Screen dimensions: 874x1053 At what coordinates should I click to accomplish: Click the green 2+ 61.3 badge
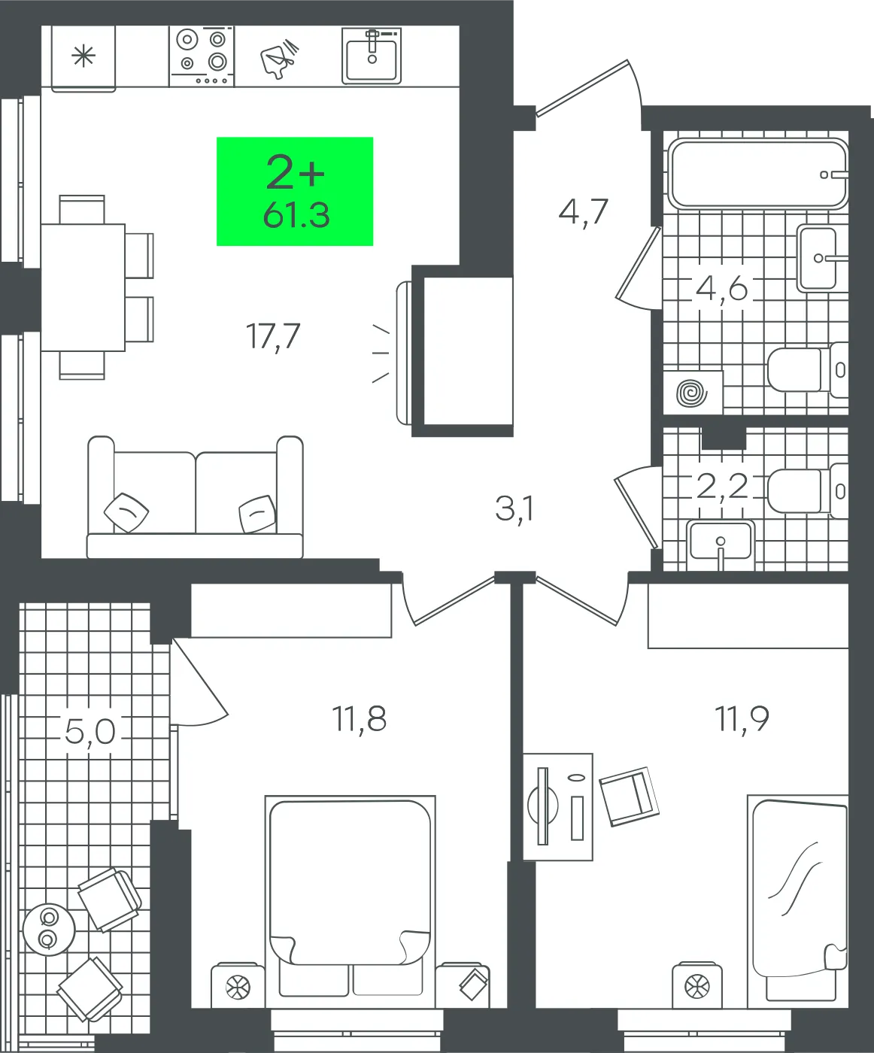295,191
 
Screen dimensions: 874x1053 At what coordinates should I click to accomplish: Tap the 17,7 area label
273,337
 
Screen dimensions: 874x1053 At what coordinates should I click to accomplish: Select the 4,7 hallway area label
583,212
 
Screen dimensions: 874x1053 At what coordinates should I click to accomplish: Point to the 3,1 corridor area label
514,509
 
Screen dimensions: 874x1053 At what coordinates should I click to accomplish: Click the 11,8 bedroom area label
359,719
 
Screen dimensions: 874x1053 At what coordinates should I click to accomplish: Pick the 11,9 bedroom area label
742,719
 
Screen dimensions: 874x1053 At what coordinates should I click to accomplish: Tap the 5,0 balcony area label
90,732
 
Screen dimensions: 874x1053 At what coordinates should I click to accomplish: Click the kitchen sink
372,56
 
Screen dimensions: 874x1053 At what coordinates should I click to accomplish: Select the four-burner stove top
202,56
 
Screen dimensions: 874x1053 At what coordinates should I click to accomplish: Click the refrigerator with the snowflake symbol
83,59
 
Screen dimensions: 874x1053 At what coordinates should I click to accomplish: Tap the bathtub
758,174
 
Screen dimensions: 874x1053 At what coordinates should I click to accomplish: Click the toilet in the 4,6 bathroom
808,369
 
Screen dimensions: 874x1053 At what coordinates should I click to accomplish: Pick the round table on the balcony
49,929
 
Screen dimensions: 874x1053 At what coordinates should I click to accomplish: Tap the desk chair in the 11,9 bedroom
630,797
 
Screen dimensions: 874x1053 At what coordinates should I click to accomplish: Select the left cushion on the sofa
126,512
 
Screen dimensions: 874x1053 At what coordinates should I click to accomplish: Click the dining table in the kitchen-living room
83,287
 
